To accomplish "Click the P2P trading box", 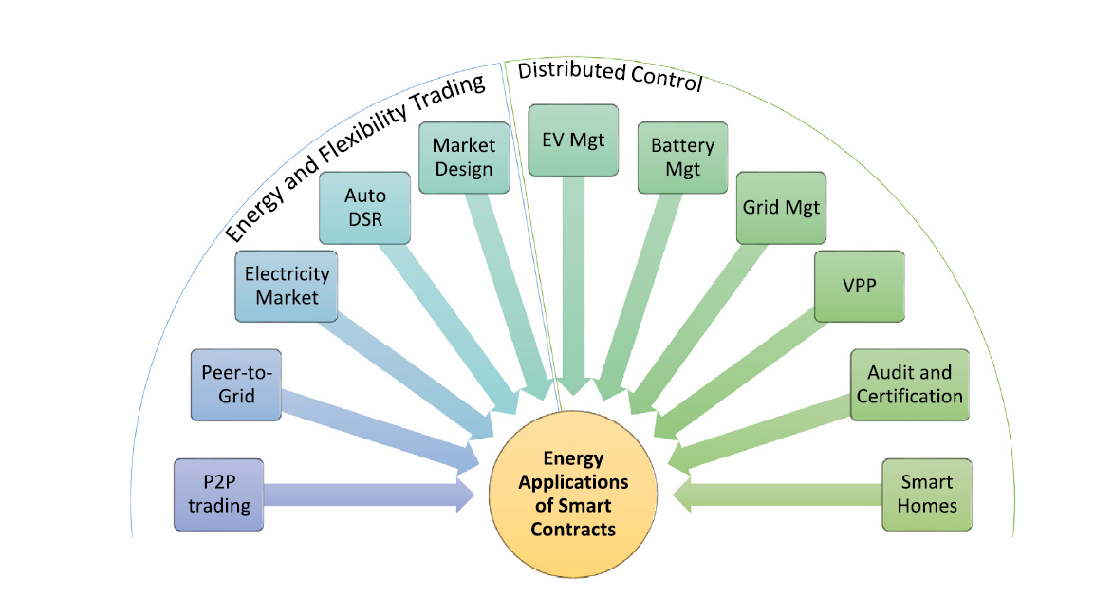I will point(218,494).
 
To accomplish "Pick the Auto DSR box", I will point(365,206).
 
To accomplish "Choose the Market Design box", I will point(464,158).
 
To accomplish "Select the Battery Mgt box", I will point(682,158).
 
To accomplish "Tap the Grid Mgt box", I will point(781,206).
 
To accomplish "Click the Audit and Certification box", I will point(910,384).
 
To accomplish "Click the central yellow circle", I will point(573,494).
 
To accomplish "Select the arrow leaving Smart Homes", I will point(778,495).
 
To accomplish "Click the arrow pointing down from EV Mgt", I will point(573,285).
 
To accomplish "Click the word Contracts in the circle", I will point(573,529).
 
